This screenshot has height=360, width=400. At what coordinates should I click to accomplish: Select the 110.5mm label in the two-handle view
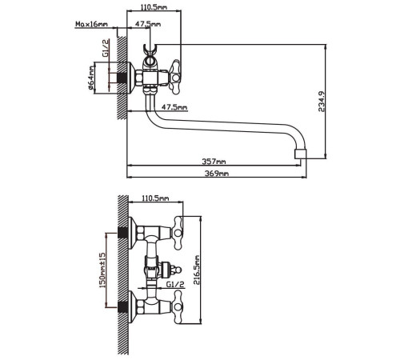(x=155, y=197)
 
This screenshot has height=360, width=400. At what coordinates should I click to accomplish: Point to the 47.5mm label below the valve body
(x=174, y=106)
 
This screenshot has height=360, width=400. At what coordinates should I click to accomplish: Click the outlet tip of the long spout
(x=301, y=151)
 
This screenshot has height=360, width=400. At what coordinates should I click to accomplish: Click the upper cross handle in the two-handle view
(x=176, y=233)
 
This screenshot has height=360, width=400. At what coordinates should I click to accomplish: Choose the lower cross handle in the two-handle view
(x=176, y=305)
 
